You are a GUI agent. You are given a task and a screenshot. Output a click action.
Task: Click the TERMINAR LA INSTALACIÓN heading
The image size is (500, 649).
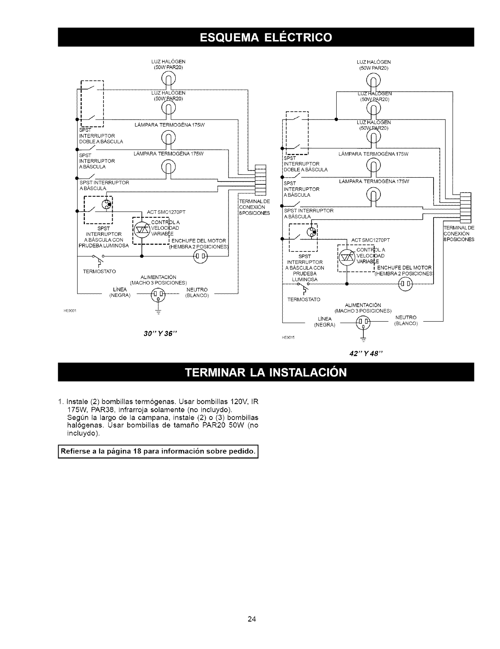[266, 372]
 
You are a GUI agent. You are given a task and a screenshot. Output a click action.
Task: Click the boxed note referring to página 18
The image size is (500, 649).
[158, 451]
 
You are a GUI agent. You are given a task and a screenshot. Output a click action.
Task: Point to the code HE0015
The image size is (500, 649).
[287, 337]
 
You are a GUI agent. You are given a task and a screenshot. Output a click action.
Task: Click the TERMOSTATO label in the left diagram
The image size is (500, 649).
[99, 272]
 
